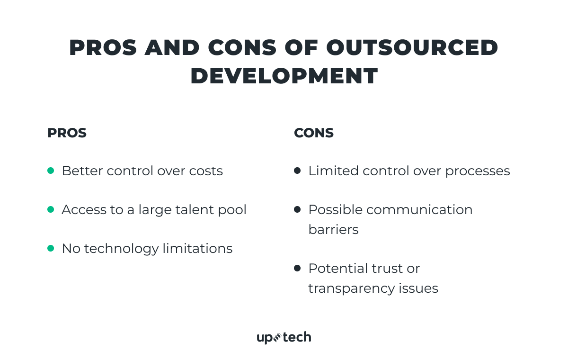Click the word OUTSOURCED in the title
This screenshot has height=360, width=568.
[x=412, y=48]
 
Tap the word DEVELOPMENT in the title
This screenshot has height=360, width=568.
[x=284, y=76]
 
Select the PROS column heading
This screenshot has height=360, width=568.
[x=67, y=133]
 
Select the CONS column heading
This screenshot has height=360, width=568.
[x=314, y=133]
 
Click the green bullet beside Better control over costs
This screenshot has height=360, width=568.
[x=51, y=171]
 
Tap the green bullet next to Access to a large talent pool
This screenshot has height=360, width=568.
[x=51, y=209]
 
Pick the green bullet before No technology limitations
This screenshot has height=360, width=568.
[x=51, y=248]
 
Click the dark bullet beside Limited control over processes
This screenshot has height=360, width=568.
[x=297, y=171]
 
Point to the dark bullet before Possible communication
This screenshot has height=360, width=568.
[x=297, y=209]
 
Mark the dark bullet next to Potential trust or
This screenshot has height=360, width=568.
[x=297, y=268]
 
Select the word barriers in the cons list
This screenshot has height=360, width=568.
[x=333, y=229]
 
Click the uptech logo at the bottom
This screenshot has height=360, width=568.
[x=284, y=337]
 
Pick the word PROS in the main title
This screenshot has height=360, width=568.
[x=103, y=48]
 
